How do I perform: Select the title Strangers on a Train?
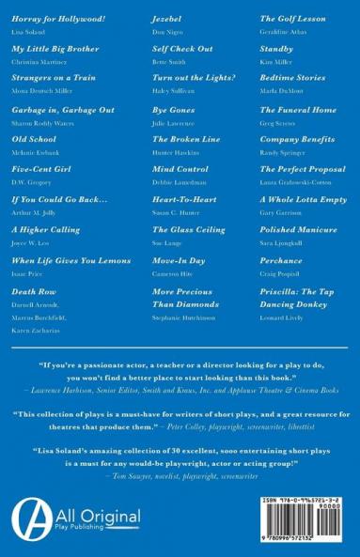click(x=54, y=80)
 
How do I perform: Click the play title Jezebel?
click(x=167, y=19)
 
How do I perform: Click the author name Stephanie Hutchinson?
click(x=184, y=318)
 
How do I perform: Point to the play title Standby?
click(x=276, y=49)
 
